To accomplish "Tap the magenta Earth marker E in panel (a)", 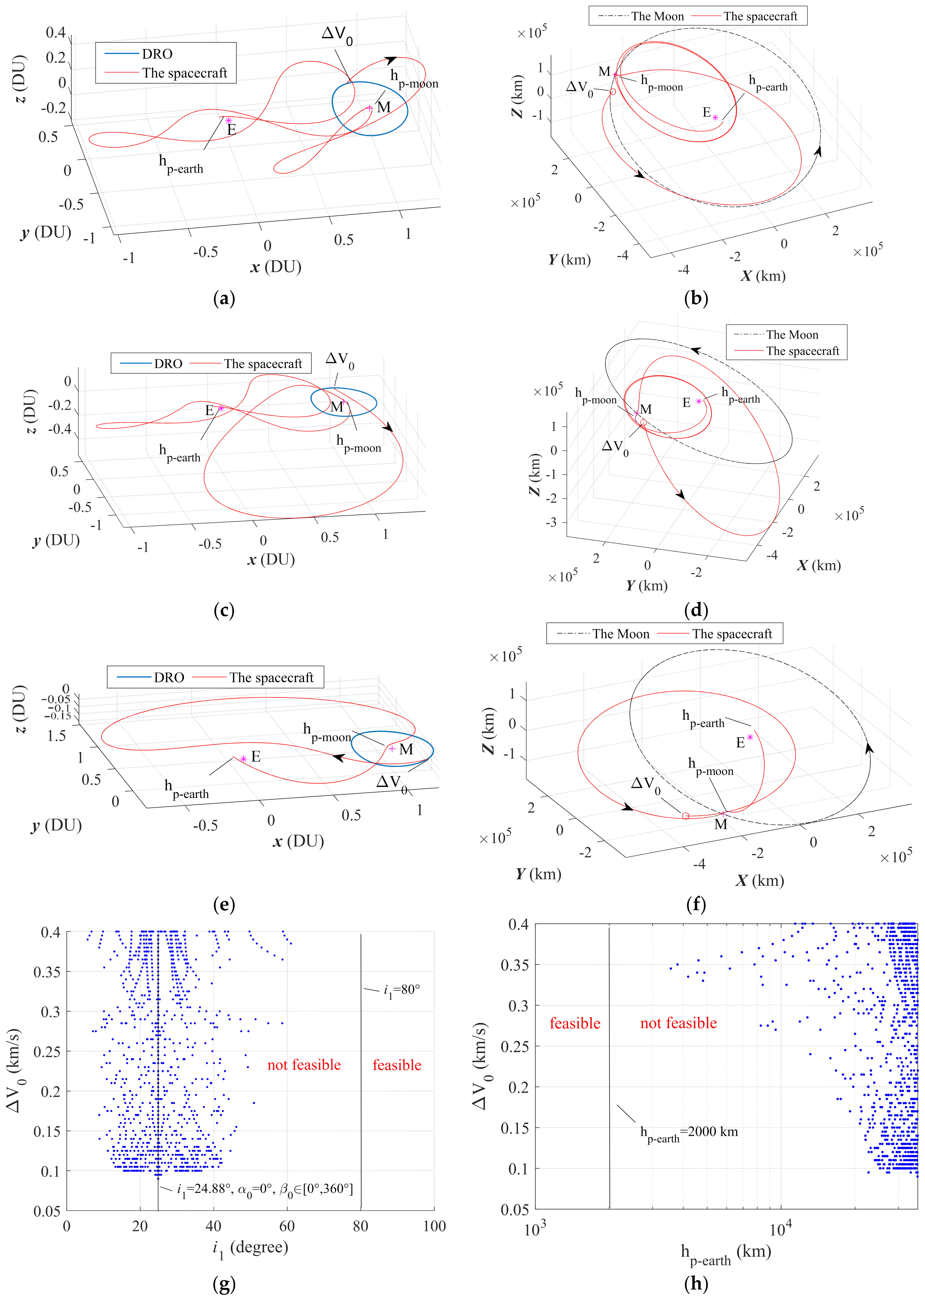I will click(228, 120).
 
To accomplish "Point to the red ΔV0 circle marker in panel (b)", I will click(612, 92).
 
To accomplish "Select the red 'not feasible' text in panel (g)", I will click(304, 1065).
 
